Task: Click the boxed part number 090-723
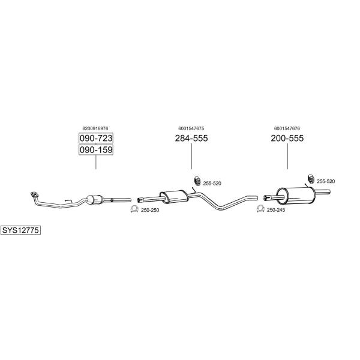(x=96, y=138)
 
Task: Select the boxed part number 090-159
(x=96, y=149)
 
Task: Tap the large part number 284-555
(x=191, y=138)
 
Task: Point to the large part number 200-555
(x=287, y=138)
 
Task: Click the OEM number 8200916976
(x=95, y=128)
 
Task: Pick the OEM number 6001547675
(x=191, y=128)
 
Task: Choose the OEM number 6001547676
(x=287, y=128)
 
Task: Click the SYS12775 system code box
(x=20, y=230)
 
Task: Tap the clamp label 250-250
(x=150, y=210)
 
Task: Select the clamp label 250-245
(x=276, y=210)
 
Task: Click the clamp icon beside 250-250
(x=134, y=209)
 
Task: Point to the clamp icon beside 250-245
(x=260, y=209)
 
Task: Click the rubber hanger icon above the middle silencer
(x=197, y=181)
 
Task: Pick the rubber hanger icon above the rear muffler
(x=311, y=179)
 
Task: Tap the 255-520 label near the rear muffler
(x=326, y=181)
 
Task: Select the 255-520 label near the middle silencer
(x=212, y=184)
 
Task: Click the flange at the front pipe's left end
(x=35, y=194)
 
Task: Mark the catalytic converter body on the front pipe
(x=94, y=199)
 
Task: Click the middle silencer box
(x=174, y=197)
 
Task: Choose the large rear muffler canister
(x=295, y=196)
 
